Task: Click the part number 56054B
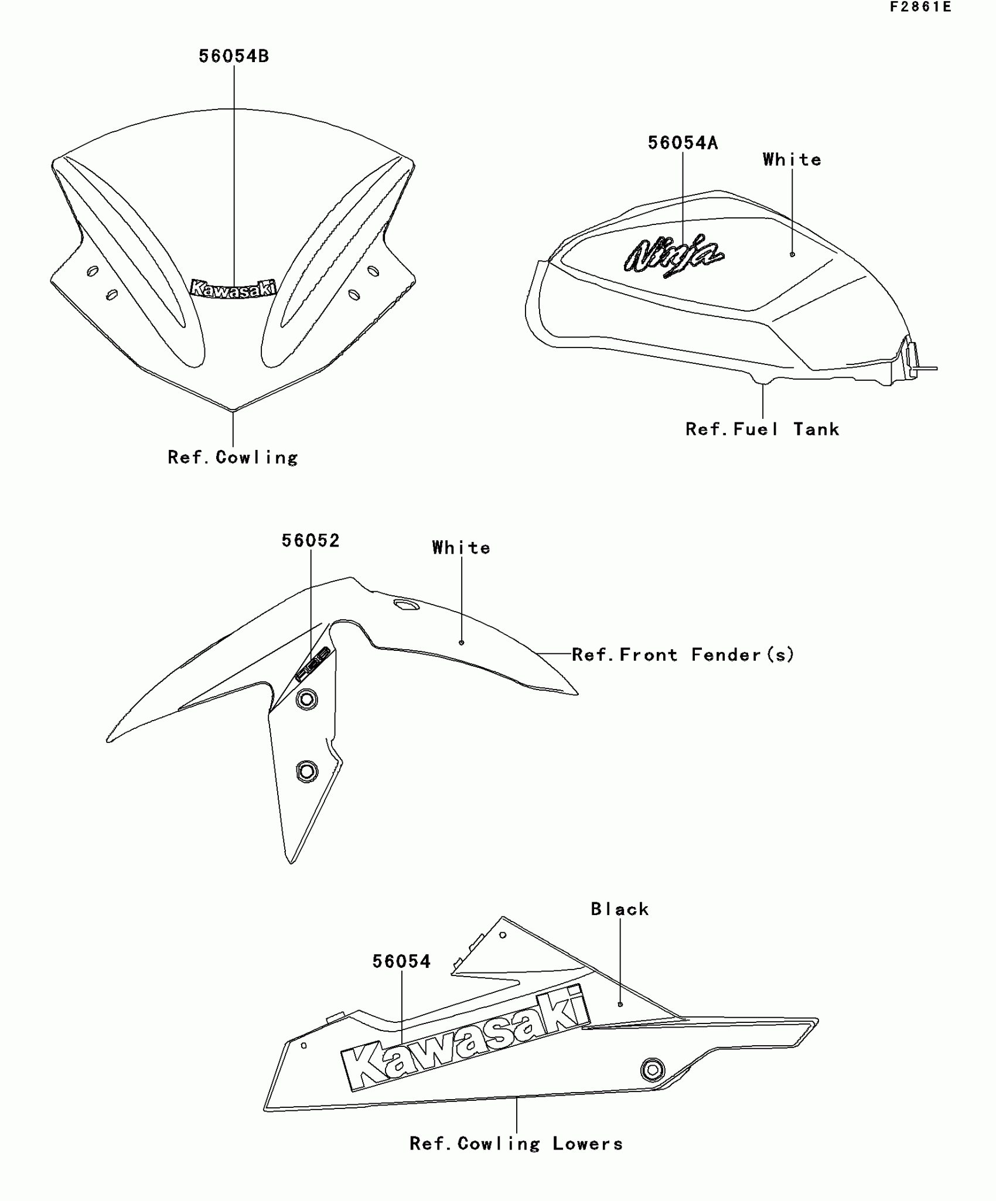coord(234,56)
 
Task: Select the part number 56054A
coord(683,143)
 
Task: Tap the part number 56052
coord(311,540)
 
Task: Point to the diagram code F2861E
coord(920,7)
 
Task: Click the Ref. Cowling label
coord(233,458)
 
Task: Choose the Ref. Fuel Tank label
coord(762,429)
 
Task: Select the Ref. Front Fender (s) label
coord(683,654)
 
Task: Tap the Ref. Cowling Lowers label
coord(516,1144)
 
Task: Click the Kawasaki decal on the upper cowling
coord(233,289)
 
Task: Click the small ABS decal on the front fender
coord(312,664)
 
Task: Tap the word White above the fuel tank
coord(792,160)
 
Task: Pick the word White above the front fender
coord(461,548)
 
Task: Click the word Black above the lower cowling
coord(620,909)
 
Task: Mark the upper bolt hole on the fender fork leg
coord(306,700)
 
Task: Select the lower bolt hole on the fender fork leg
coord(307,771)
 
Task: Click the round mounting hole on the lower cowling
coord(652,1070)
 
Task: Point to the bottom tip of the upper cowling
coord(233,410)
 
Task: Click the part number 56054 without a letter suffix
coord(401,961)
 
